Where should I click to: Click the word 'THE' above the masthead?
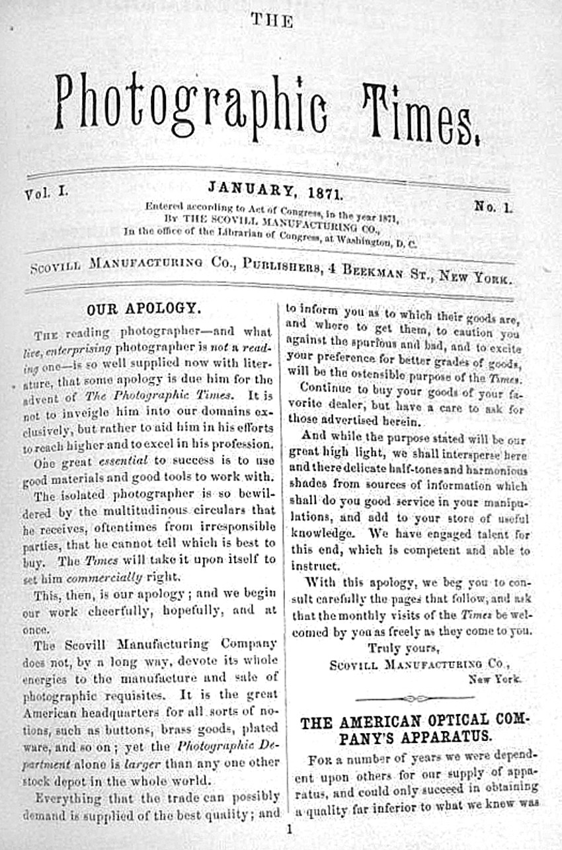(x=272, y=21)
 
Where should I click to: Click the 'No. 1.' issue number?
(x=493, y=207)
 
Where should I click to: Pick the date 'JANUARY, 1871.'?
(x=274, y=192)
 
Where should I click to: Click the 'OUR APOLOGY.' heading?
(x=143, y=309)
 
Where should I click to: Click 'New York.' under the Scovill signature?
(x=495, y=679)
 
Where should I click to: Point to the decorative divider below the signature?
(x=414, y=698)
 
